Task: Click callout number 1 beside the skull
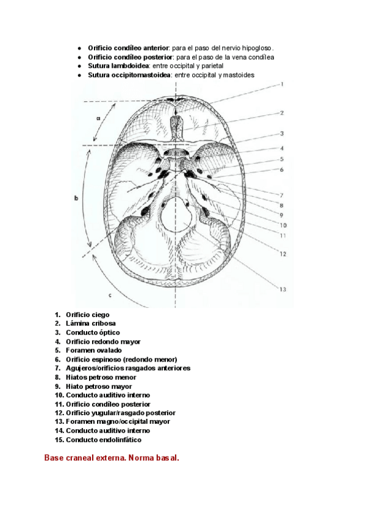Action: [282, 85]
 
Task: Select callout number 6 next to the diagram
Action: [282, 169]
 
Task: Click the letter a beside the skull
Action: [98, 118]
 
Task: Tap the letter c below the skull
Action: [109, 295]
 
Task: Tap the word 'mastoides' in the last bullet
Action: [239, 75]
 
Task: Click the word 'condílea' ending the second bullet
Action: [259, 57]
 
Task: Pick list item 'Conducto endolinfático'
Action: [103, 440]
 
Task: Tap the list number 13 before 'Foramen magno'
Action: [59, 421]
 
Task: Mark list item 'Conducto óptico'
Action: [93, 333]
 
